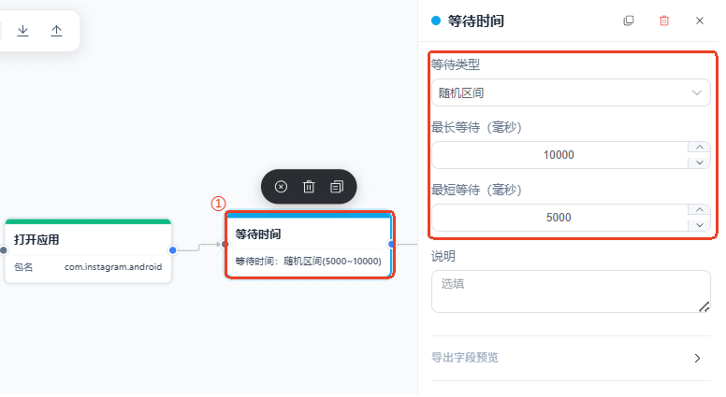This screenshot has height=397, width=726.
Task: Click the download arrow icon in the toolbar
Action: click(x=22, y=31)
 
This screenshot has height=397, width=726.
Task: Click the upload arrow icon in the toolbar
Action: click(x=56, y=31)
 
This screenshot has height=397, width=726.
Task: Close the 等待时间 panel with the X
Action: click(x=700, y=21)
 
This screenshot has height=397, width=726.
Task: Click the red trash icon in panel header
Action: click(x=664, y=21)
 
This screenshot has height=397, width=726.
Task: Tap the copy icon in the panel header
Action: click(x=629, y=21)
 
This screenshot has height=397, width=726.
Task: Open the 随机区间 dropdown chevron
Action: click(x=697, y=92)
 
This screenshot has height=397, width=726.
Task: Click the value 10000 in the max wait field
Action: click(x=559, y=155)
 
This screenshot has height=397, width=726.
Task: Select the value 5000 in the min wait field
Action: click(x=559, y=218)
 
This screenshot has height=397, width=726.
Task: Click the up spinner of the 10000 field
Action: click(x=699, y=148)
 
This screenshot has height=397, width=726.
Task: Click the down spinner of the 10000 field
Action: click(x=699, y=163)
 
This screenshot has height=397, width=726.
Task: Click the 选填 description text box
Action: click(x=571, y=291)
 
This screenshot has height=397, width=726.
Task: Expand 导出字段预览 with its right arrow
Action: click(x=697, y=358)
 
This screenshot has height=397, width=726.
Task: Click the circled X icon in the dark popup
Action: click(x=281, y=187)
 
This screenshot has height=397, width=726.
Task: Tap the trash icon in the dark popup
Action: click(x=309, y=187)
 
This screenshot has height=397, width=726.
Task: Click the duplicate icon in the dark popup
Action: click(x=337, y=187)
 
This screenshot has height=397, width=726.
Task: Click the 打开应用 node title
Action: click(x=36, y=240)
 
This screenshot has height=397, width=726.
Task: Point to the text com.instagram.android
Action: click(x=113, y=267)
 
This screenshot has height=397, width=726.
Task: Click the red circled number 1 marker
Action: click(x=218, y=204)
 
